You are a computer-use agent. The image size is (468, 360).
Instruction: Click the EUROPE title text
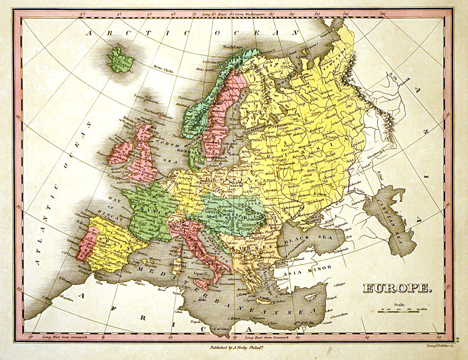[x=398, y=289]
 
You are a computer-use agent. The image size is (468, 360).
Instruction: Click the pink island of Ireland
[x=120, y=152]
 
